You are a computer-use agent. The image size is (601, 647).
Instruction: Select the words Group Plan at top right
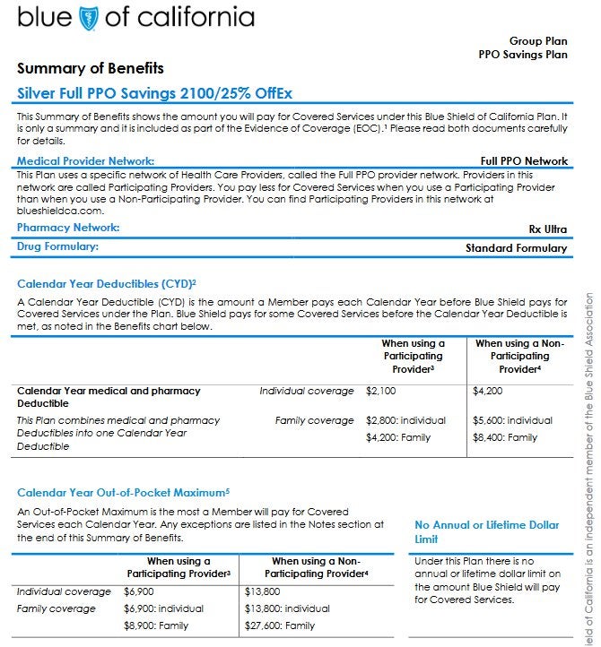point(538,41)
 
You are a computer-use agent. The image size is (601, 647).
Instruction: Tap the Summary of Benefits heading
point(91,68)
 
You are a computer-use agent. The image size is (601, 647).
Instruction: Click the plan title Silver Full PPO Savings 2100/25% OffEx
point(155,93)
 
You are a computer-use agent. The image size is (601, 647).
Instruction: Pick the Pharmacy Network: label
point(68,229)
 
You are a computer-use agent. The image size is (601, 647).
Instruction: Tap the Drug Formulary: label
point(57,246)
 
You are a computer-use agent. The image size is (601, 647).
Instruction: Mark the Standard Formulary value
point(517,248)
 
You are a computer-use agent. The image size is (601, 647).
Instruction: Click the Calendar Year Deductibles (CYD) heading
point(107,284)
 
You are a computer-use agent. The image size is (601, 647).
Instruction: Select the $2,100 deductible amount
point(381,392)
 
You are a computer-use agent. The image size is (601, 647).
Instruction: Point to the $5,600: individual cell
point(513,420)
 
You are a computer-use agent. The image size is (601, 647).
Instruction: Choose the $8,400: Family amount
point(505,438)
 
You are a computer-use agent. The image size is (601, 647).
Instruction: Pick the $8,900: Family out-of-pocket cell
point(156,626)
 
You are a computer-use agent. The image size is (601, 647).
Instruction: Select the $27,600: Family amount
point(280,626)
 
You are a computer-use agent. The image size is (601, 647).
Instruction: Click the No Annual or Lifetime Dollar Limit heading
point(487,532)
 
